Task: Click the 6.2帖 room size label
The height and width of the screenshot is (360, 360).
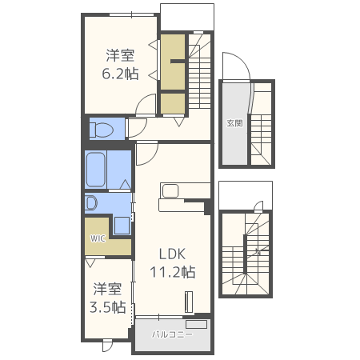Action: coord(120,74)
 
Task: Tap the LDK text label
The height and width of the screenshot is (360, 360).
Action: coord(172,254)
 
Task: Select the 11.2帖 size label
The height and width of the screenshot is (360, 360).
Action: coord(173,272)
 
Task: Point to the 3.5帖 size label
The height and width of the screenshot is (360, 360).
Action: coord(108,307)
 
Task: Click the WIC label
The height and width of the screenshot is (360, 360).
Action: coord(98,238)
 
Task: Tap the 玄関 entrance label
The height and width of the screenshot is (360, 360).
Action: coord(234,123)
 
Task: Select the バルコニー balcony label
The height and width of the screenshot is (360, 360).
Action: coord(172,334)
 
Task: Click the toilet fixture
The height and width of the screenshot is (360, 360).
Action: coord(102,130)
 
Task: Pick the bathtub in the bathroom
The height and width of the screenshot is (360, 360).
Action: coord(96,170)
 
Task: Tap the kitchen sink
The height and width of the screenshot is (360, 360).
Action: coord(170,191)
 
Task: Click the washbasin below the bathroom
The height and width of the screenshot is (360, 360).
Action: coord(91,203)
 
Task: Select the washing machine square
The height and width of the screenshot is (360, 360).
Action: coord(122,226)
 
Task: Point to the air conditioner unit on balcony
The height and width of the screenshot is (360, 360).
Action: coord(197,325)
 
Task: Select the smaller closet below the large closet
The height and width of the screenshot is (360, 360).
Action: coord(173,103)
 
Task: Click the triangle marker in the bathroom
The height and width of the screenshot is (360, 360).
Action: coord(126,185)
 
